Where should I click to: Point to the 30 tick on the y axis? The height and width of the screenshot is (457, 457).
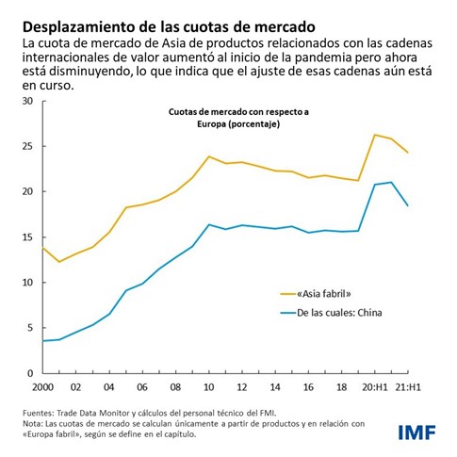[x=25, y=101]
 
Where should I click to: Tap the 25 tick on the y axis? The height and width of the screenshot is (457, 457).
[x=25, y=146]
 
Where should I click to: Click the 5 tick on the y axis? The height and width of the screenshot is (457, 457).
[x=28, y=328]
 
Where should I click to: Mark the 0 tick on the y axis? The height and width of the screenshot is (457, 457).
[x=28, y=373]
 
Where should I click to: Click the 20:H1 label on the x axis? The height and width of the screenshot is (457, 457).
[x=376, y=387]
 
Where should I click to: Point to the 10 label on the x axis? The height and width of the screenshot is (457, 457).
[x=209, y=387]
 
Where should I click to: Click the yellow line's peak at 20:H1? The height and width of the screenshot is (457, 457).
[x=375, y=135]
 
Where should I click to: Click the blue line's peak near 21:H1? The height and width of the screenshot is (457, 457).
[x=391, y=182]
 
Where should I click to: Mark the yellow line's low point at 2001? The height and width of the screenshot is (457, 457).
[x=59, y=262]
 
